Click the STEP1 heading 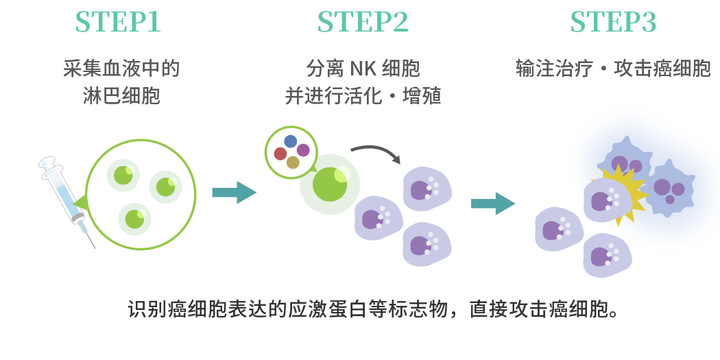coord(118,23)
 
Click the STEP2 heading coord(363,23)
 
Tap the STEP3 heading coord(613,23)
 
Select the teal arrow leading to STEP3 coord(492,203)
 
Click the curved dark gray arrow coord(376,150)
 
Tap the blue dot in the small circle coord(291,141)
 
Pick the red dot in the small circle coord(280,154)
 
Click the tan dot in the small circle coord(293,163)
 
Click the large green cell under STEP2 coord(330,184)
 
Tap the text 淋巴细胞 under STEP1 coord(121,96)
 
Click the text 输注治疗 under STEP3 coord(553,69)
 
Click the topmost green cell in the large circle coord(123,175)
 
